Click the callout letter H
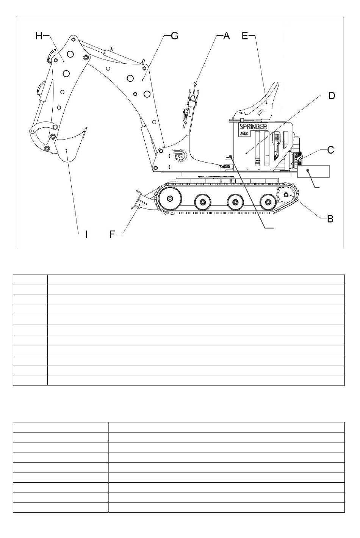[x=39, y=36]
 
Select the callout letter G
[x=174, y=36]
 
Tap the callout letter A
[x=226, y=36]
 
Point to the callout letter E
[x=245, y=36]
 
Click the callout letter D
[x=331, y=96]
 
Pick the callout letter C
[x=330, y=150]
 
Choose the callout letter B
[x=330, y=219]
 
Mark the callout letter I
[x=86, y=234]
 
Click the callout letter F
[x=112, y=234]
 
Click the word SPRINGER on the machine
[x=253, y=127]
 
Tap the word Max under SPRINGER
[x=243, y=133]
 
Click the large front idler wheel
[x=169, y=199]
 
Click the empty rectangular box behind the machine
[x=313, y=171]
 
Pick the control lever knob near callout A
[x=195, y=83]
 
